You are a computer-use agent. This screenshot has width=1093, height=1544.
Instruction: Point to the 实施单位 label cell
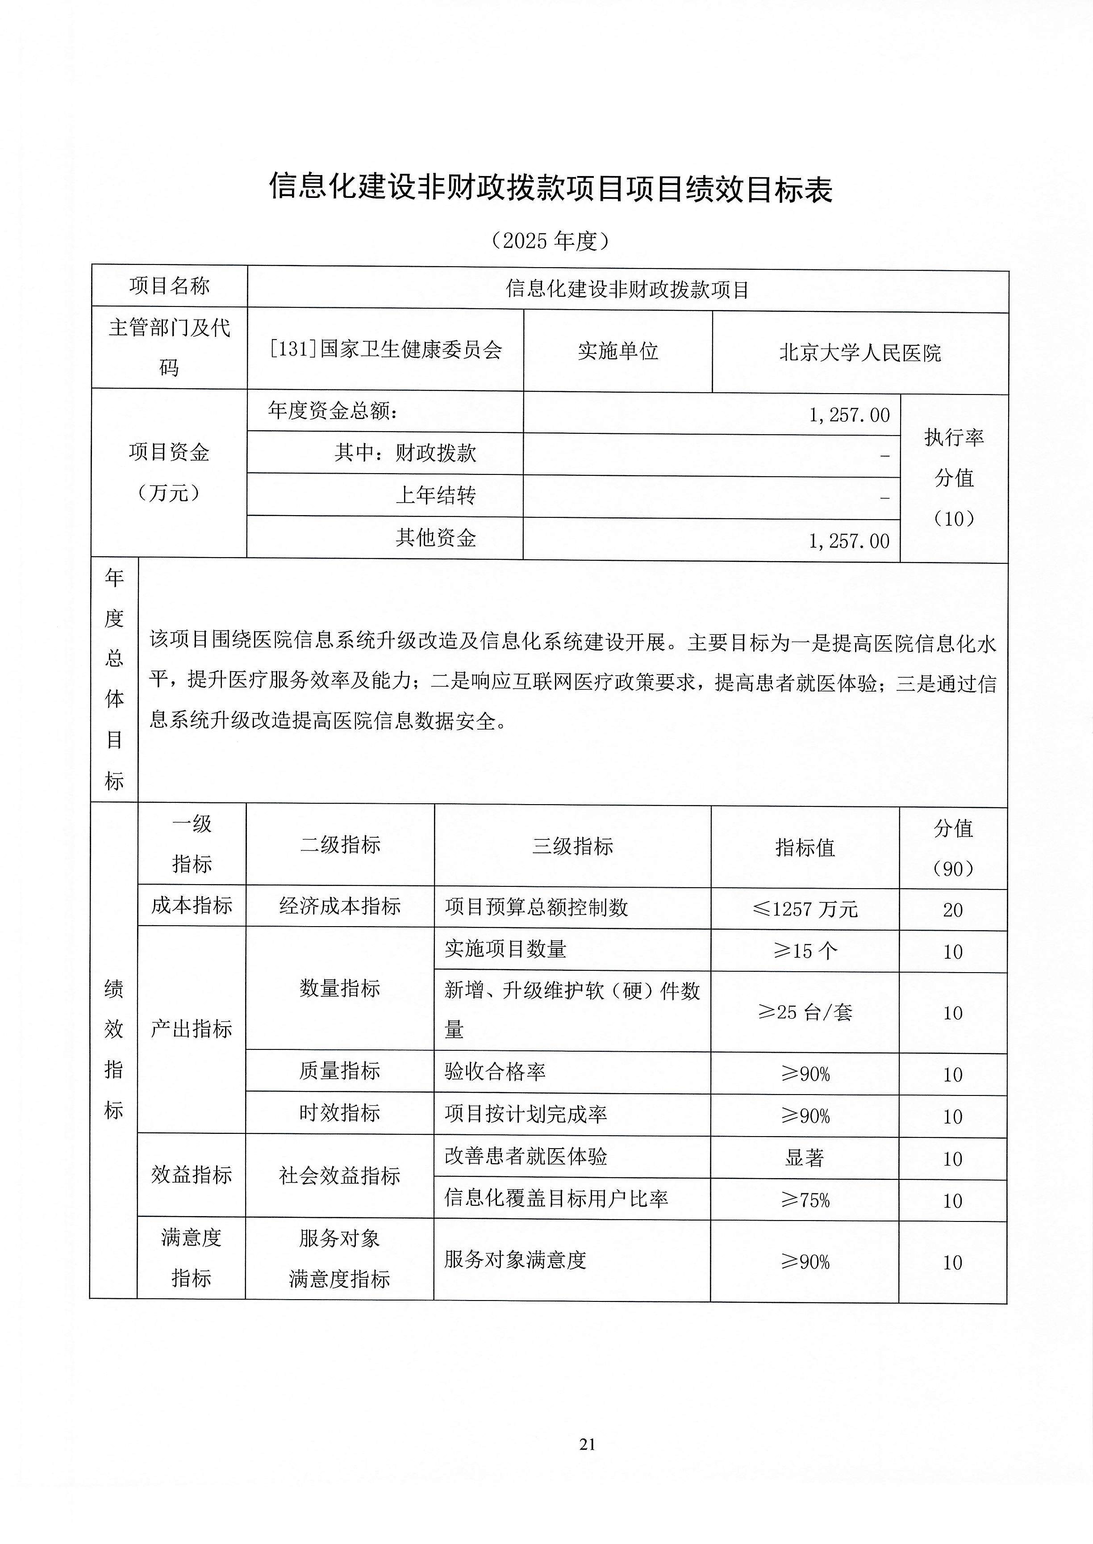pos(617,351)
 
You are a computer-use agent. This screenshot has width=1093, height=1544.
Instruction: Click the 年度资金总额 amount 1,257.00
pos(849,415)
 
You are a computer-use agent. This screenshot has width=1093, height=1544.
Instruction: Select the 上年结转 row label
pos(435,495)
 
